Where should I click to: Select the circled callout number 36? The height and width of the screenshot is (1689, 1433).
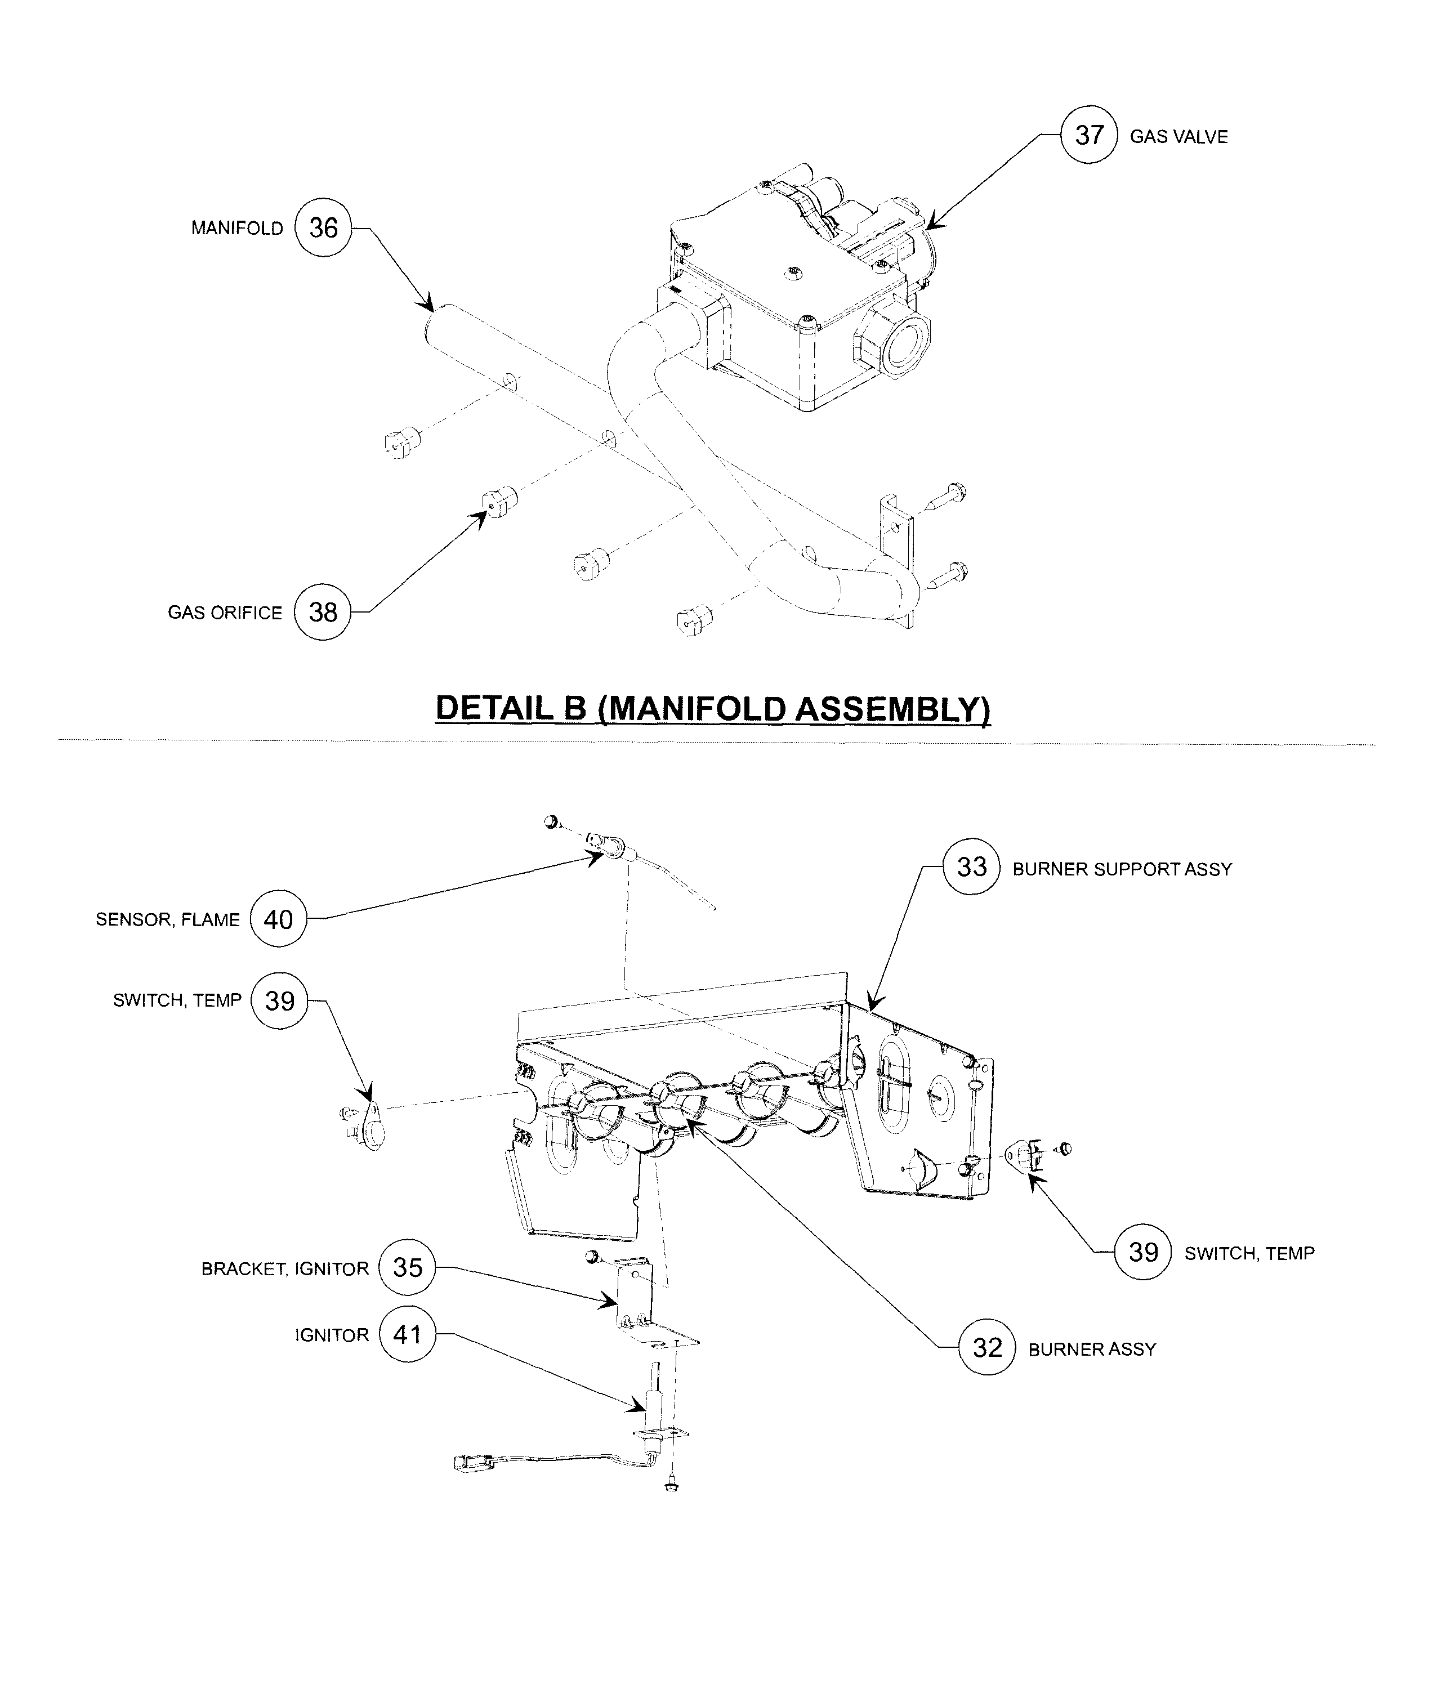pos(323,228)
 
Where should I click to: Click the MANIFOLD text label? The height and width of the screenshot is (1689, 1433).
pos(237,228)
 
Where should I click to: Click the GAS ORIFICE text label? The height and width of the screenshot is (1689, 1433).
pos(225,613)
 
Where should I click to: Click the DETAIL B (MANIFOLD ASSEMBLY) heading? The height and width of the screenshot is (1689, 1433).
pos(712,708)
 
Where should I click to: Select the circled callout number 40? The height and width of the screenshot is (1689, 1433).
pos(279,919)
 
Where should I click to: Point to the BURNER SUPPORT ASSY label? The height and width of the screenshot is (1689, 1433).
pos(1122,869)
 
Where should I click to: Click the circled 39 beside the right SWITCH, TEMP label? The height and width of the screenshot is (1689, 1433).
pos(1143,1252)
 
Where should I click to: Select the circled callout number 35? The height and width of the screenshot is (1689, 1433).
pos(407,1267)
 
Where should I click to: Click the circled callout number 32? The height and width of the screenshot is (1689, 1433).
pos(987,1348)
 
